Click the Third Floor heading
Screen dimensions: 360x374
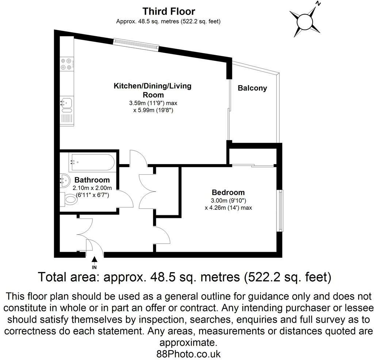tap(168, 11)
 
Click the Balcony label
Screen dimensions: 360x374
tap(252, 88)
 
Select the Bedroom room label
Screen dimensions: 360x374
tap(228, 193)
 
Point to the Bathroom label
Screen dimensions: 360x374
tap(92, 180)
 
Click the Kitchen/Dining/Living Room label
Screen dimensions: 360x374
tap(153, 90)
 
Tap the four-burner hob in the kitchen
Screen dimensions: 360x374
tap(66, 64)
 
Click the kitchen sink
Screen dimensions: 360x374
tap(66, 102)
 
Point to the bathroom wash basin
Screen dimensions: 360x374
tap(65, 180)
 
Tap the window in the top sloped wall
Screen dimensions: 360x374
tap(136, 43)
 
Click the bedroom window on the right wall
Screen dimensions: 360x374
tap(280, 211)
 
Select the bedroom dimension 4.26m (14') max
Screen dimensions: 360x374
tap(228, 208)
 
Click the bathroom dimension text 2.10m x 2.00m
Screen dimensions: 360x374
tap(92, 188)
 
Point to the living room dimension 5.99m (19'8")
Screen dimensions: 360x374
tap(153, 110)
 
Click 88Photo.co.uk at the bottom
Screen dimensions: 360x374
tap(188, 353)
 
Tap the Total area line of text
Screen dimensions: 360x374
tap(185, 277)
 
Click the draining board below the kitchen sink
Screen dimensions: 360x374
tap(66, 118)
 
